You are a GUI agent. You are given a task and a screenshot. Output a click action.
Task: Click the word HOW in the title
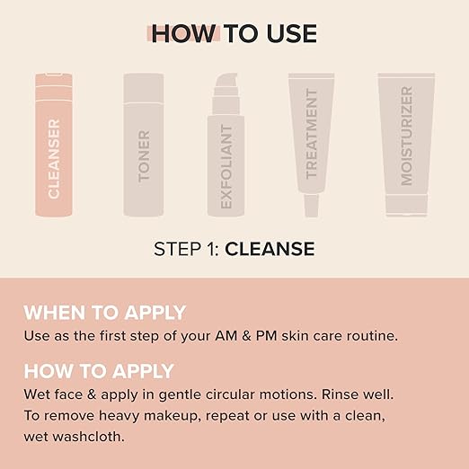183,33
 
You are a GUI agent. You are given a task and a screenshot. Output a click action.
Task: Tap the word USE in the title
291,33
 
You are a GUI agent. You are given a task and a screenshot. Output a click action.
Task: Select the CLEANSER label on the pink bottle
54,159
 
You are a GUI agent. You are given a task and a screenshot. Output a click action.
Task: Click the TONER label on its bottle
144,156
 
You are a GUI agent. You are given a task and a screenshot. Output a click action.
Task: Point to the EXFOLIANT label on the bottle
226,166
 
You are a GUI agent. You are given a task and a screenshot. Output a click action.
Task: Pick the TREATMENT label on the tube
312,134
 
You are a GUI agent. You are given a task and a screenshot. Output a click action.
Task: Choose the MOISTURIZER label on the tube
406,136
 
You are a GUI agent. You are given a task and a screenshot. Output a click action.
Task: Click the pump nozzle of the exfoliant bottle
226,80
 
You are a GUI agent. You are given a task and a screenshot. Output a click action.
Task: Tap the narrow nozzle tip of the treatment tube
312,206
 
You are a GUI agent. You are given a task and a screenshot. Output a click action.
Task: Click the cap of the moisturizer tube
406,205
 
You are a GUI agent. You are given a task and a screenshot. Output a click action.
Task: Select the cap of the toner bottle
144,88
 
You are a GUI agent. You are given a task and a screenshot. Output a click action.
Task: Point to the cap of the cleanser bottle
54,87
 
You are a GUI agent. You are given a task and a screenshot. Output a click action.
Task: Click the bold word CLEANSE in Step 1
270,249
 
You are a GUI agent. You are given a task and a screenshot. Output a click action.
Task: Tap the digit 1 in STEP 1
211,249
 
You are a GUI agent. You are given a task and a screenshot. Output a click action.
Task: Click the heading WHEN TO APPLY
105,313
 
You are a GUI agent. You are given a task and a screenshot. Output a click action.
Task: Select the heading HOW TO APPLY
99,371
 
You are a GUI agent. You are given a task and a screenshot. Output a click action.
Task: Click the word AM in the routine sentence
226,336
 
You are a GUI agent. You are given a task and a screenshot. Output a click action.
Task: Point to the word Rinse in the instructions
340,394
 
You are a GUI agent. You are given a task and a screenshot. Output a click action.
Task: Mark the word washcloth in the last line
88,437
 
